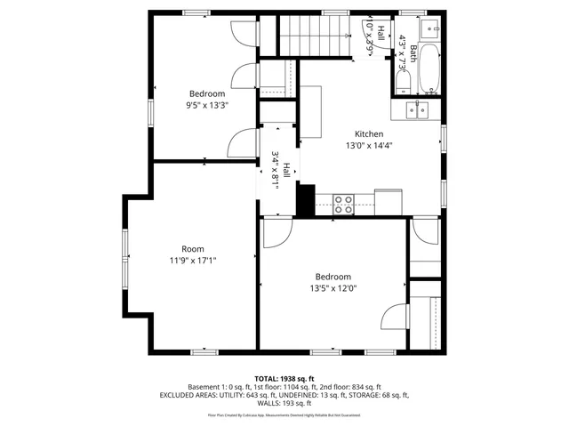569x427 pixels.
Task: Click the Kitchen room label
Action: [369, 134]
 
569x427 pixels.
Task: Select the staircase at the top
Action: [312, 35]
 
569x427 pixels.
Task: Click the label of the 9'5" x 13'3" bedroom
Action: [206, 93]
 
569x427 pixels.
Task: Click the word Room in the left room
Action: [192, 249]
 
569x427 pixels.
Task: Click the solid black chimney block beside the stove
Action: [305, 199]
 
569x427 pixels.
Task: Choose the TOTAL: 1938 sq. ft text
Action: [284, 378]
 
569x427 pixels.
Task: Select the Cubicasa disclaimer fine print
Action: [284, 415]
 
